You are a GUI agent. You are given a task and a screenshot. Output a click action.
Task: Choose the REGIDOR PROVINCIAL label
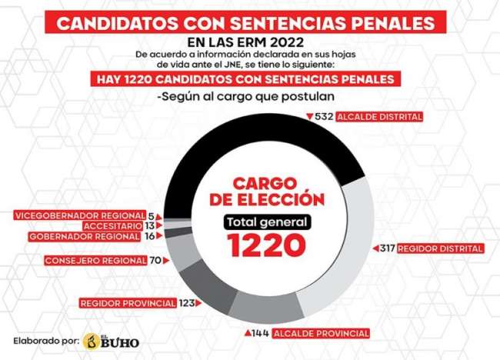(x=128, y=303)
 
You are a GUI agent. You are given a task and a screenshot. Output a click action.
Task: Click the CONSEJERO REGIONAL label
(x=97, y=260)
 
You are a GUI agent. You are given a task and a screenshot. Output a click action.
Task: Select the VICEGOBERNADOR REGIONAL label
(x=80, y=215)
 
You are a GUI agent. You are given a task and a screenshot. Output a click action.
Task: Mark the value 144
(x=260, y=333)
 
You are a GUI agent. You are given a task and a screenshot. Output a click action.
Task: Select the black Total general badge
(x=266, y=222)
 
